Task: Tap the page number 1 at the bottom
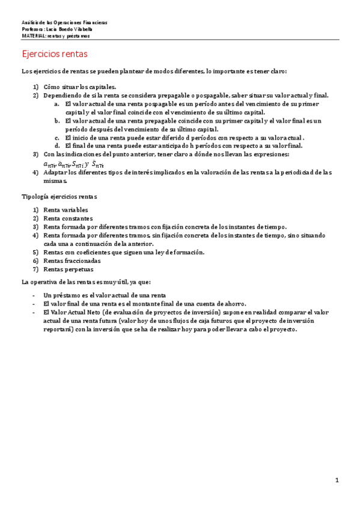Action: tap(337, 480)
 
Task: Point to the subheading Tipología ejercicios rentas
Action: tap(59, 197)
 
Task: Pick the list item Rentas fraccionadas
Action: tap(72, 261)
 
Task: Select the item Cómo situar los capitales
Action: tap(80, 87)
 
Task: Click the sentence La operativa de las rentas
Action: tap(87, 282)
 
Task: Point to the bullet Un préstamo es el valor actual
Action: tap(105, 295)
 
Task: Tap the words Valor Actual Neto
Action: tap(76, 313)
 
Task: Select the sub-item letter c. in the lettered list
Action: tap(56, 137)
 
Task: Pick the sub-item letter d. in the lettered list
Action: tap(56, 146)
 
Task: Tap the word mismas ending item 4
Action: tap(55, 180)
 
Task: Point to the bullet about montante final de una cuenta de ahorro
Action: tap(145, 304)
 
